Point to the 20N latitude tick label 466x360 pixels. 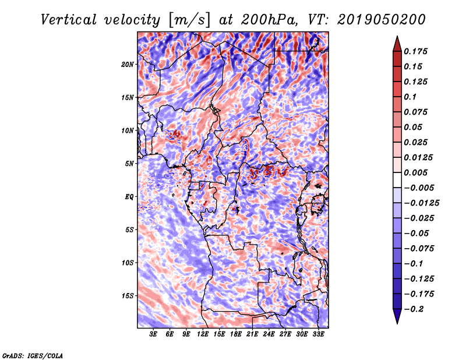click(x=128, y=64)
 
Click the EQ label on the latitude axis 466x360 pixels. click(x=129, y=196)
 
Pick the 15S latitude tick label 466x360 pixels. click(x=128, y=295)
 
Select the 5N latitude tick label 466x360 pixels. click(x=129, y=163)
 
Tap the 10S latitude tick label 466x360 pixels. click(x=128, y=262)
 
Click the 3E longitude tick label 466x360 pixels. click(x=154, y=335)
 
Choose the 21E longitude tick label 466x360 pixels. click(x=252, y=335)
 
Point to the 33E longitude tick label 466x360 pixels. click(x=318, y=335)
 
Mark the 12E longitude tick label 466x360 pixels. click(x=203, y=335)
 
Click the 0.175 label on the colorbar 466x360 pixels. click(x=416, y=51)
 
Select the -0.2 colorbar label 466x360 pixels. click(x=414, y=309)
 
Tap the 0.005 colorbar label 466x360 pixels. click(x=416, y=172)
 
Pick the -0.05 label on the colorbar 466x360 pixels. click(x=416, y=233)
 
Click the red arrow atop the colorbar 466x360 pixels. click(x=397, y=44)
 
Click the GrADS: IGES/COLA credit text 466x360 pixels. click(x=33, y=355)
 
